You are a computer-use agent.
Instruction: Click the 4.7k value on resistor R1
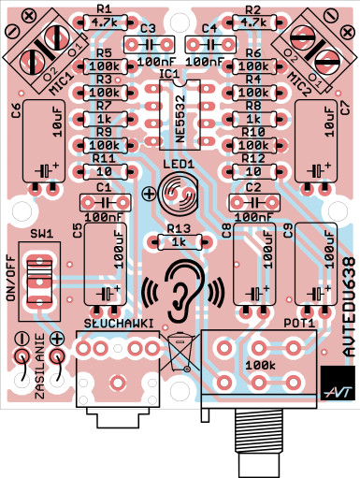(105, 22)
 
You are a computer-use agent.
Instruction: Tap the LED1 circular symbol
(179, 194)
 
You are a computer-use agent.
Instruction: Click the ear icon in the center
(184, 291)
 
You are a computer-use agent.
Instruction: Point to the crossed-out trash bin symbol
(180, 352)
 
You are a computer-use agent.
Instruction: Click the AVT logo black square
(338, 383)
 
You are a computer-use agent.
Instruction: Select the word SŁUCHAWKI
(119, 324)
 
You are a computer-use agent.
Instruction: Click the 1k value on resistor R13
(179, 242)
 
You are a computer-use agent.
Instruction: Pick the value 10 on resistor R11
(105, 171)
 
